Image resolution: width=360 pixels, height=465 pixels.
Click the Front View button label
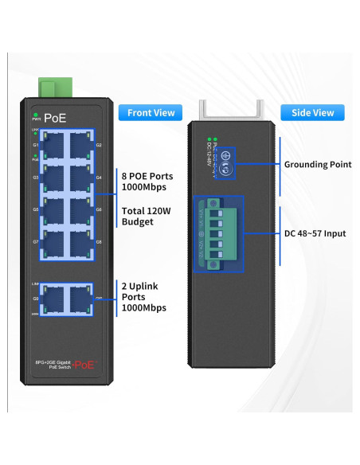click(x=151, y=112)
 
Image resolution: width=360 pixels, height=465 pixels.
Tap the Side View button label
click(x=312, y=112)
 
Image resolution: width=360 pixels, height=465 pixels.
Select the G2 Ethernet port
click(x=80, y=145)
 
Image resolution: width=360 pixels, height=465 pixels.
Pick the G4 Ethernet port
click(x=80, y=178)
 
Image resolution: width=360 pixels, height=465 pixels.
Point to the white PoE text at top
click(x=55, y=118)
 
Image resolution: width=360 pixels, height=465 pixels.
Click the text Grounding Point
click(x=318, y=165)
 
